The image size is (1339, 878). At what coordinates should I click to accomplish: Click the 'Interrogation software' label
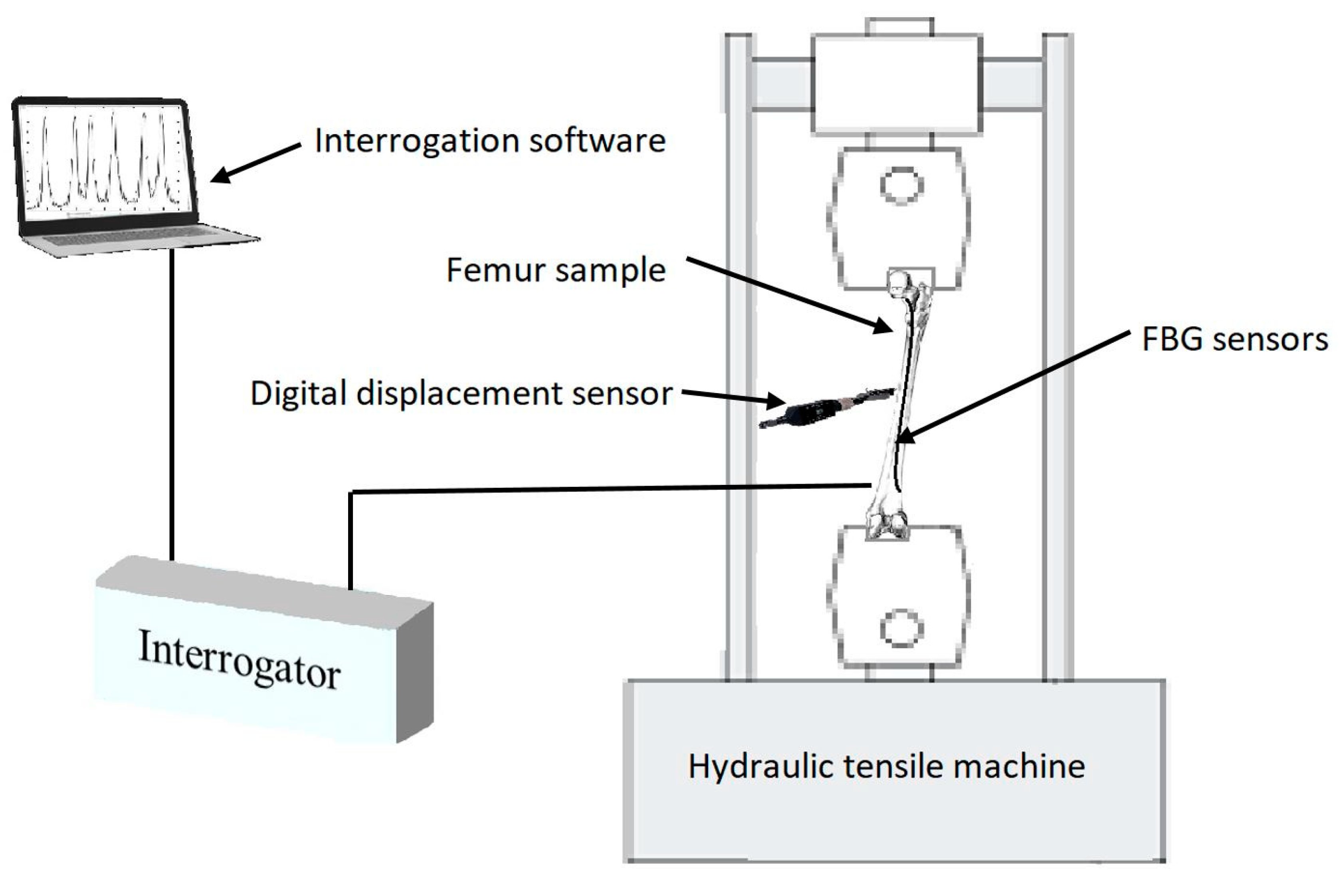coord(489,140)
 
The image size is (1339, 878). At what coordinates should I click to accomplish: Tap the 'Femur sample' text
coord(555,271)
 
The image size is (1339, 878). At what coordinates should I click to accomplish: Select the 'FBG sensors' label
coord(1234,340)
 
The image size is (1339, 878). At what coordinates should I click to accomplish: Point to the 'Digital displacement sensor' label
coord(461,393)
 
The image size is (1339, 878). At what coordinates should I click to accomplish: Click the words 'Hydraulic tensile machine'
coord(887,766)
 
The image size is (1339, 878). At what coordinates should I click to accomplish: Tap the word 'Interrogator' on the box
coord(239,659)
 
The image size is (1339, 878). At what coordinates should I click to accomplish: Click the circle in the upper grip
coord(901,186)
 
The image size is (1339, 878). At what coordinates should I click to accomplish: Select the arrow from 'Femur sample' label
coord(788,295)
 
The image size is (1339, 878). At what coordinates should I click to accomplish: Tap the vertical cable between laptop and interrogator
coord(172,405)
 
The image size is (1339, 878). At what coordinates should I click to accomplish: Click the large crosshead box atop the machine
coord(897,84)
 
